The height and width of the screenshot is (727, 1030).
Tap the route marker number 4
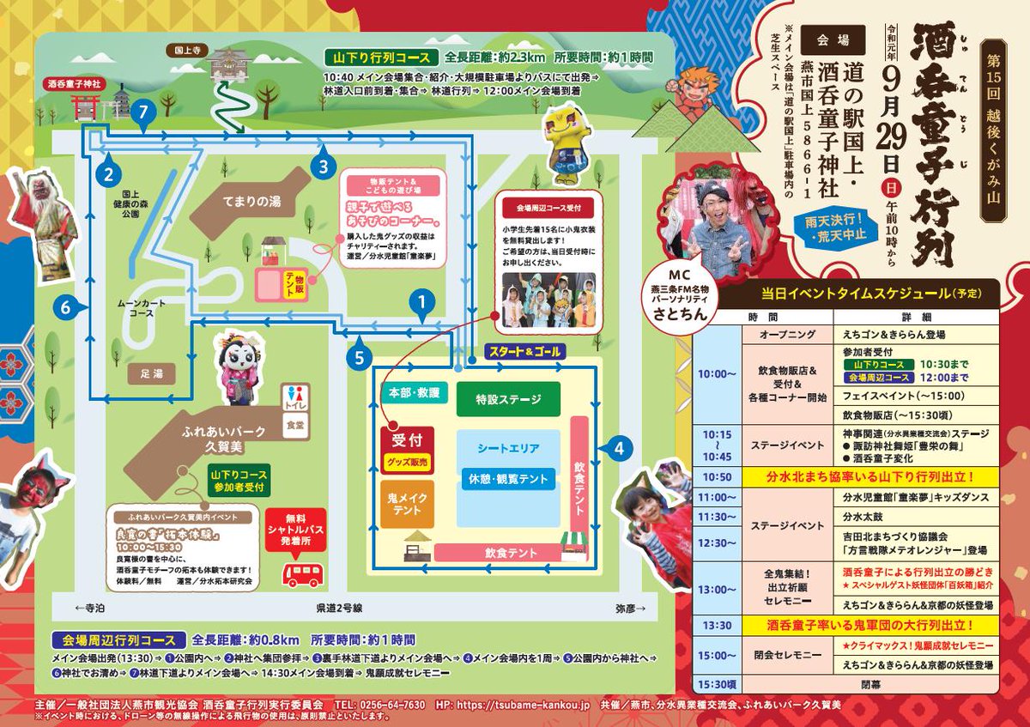622,446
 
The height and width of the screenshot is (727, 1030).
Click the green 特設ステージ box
507,399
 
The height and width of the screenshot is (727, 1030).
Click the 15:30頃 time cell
715,685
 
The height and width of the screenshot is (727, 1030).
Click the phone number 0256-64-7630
391,705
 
